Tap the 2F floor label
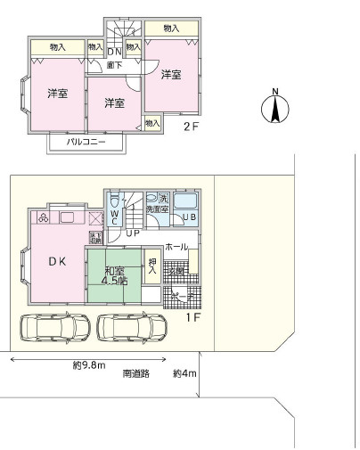[x=191, y=127]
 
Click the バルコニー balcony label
[x=86, y=143]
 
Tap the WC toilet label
[x=115, y=217]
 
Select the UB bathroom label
[x=189, y=217]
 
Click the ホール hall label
[x=176, y=246]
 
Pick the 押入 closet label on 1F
[x=152, y=266]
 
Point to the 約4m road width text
[x=184, y=374]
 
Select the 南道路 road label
[x=136, y=374]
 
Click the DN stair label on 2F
[x=114, y=52]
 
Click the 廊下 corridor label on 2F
[x=115, y=64]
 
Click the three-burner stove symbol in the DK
[x=42, y=217]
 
